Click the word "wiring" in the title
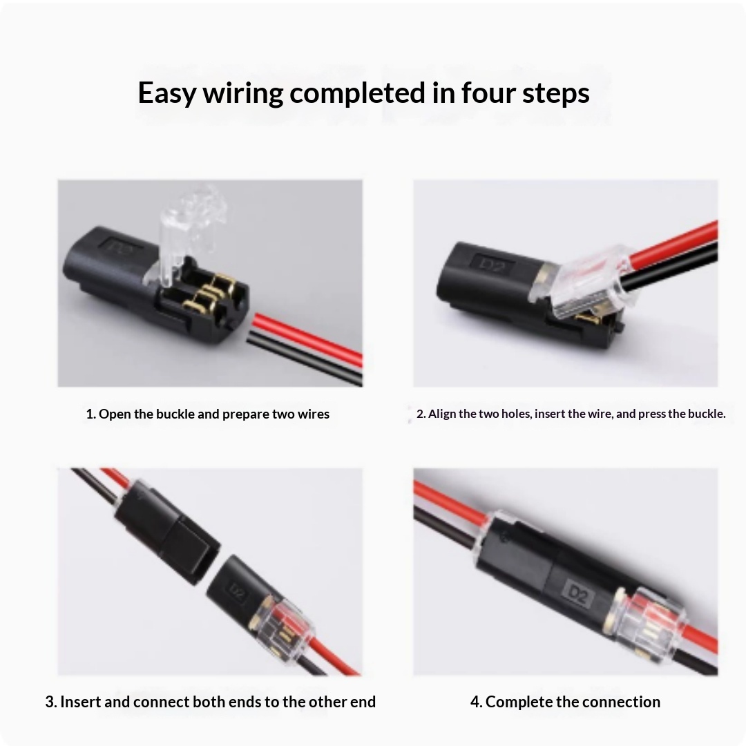(x=242, y=93)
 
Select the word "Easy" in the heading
(x=166, y=93)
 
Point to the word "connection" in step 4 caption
(x=620, y=702)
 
